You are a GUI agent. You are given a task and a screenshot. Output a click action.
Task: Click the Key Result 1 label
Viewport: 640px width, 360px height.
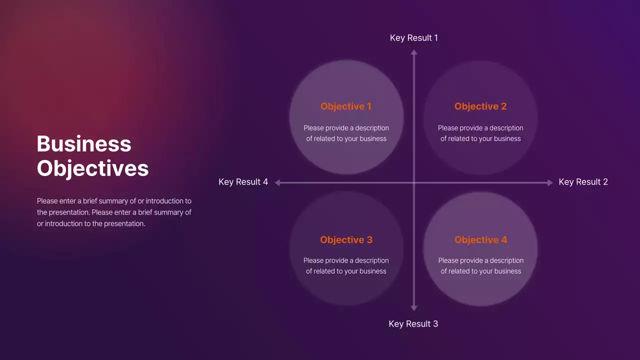coord(413,38)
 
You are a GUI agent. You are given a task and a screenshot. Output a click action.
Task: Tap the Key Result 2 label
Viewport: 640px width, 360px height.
coord(583,182)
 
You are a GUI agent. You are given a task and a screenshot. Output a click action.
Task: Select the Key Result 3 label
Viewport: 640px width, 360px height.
coord(413,324)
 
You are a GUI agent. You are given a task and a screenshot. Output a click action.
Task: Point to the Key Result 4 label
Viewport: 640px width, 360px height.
coord(243,182)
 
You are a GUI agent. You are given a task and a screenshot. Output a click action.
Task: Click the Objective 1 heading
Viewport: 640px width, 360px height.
coord(346,106)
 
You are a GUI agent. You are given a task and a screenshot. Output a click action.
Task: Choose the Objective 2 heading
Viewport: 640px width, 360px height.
coord(480,106)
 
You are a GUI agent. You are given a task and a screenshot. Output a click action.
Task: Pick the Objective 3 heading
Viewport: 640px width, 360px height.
coord(346,240)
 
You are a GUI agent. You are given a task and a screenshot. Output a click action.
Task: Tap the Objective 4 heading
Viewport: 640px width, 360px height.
coord(480,240)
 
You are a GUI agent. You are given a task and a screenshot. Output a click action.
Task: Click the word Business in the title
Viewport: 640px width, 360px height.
coord(84,144)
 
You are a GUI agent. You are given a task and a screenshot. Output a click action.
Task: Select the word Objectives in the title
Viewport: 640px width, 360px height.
coord(93,168)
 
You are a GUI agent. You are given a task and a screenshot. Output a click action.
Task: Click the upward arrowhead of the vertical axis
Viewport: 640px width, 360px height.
coord(413,51)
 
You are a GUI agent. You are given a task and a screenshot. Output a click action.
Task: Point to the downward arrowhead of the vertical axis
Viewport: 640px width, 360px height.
coord(413,308)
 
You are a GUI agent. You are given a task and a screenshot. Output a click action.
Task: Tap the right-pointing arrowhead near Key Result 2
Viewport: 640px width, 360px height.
coord(550,182)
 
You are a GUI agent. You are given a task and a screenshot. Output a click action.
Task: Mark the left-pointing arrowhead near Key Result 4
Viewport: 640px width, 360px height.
coord(277,182)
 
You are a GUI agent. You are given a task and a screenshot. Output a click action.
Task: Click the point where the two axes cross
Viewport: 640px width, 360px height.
coord(413,182)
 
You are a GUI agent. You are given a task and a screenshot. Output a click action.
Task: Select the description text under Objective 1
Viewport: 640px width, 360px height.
coord(346,133)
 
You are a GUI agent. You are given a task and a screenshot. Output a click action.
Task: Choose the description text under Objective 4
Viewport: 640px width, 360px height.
coord(480,266)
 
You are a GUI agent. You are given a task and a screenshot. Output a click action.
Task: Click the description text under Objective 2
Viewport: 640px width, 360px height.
coord(480,133)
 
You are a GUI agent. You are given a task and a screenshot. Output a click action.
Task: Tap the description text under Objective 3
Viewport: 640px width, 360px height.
coord(346,266)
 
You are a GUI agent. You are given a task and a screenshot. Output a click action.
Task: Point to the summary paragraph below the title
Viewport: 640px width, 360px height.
coord(114,212)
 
